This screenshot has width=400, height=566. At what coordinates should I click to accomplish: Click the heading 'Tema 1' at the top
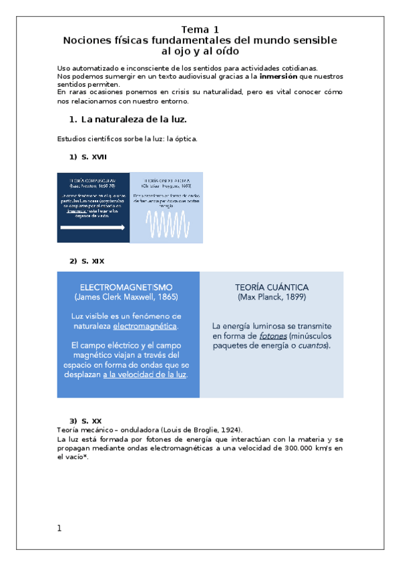point(200,29)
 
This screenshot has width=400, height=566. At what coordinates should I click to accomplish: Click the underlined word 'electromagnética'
point(145,326)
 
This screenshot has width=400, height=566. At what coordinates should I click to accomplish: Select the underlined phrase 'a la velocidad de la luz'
point(145,375)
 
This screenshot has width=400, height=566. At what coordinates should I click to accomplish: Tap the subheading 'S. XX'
point(91,420)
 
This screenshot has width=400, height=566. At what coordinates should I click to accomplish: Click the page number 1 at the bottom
point(59,529)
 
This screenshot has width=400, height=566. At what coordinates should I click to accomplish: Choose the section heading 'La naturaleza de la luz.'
point(134,120)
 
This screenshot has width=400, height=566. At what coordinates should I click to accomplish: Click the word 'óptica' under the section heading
point(186,139)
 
